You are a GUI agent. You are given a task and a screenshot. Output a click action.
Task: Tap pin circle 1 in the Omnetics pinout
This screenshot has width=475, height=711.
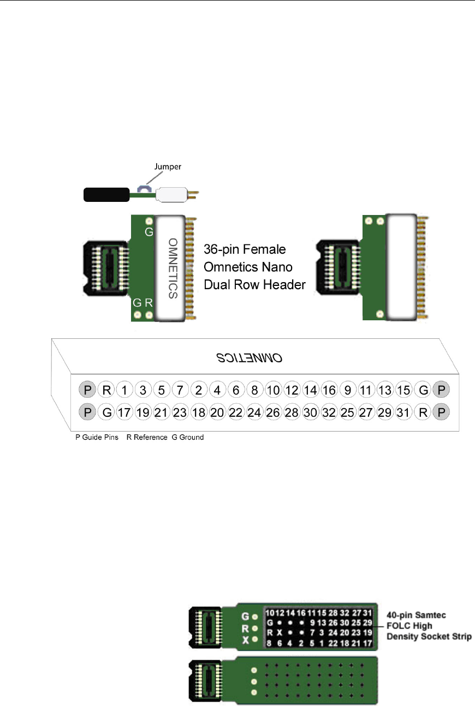coord(125,390)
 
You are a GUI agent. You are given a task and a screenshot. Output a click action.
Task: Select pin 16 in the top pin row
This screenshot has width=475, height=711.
coord(329,390)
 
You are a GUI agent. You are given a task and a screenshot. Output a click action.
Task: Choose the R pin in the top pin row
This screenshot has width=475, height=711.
coord(106,390)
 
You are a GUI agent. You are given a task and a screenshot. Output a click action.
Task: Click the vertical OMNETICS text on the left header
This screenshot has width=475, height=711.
coord(173,267)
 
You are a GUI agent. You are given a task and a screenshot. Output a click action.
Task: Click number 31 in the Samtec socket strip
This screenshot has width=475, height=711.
coord(368,613)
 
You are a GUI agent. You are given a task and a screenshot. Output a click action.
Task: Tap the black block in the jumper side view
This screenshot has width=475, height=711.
coord(106,194)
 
